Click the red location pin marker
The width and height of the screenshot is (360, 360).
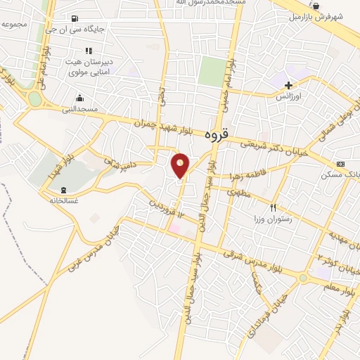coord(181,165)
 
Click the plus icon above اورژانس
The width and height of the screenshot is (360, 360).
coord(288,85)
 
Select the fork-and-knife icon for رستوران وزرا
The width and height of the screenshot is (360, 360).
coord(274,207)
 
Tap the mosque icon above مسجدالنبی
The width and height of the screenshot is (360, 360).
coord(80,98)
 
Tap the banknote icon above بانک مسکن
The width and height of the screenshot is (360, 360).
coord(341,164)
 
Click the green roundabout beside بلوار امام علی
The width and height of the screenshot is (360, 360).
coord(34,99)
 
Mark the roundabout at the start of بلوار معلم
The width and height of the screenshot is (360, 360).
coord(302,278)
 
